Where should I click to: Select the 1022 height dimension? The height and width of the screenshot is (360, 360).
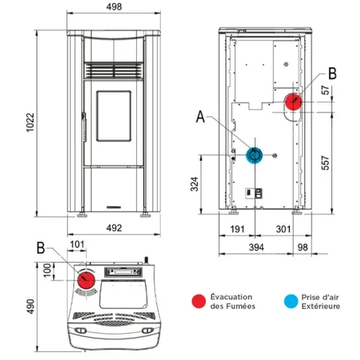29,125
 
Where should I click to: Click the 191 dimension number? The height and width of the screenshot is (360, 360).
237,229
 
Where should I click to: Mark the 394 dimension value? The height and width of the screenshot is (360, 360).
256,248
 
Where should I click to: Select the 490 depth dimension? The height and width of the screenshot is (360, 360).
29,307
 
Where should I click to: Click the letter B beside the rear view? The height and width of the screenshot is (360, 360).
332,73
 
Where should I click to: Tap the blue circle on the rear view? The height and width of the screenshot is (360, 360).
256,155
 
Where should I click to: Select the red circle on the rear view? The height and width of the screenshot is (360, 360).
293,102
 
